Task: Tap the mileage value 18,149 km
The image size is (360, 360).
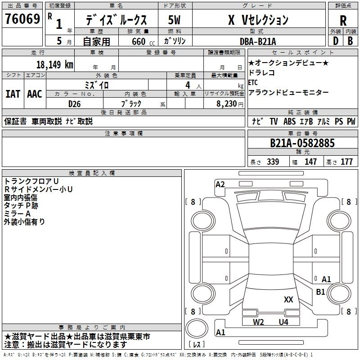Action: tap(55, 64)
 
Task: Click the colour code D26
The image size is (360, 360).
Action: tap(75, 103)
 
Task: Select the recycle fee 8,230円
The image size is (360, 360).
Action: tap(229, 103)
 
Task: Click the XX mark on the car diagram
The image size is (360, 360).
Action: tap(288, 299)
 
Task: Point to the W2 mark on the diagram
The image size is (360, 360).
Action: tap(258, 322)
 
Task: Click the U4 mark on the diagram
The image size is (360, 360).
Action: tap(283, 322)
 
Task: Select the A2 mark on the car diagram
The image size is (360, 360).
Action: tap(220, 184)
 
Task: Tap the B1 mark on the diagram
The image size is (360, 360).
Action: tap(320, 292)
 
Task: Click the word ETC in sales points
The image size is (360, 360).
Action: tap(253, 82)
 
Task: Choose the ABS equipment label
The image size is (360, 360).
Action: tap(289, 121)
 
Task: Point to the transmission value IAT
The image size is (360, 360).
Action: tap(13, 94)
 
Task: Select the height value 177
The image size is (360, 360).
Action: tap(347, 162)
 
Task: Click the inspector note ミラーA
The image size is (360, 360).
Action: tap(17, 213)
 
